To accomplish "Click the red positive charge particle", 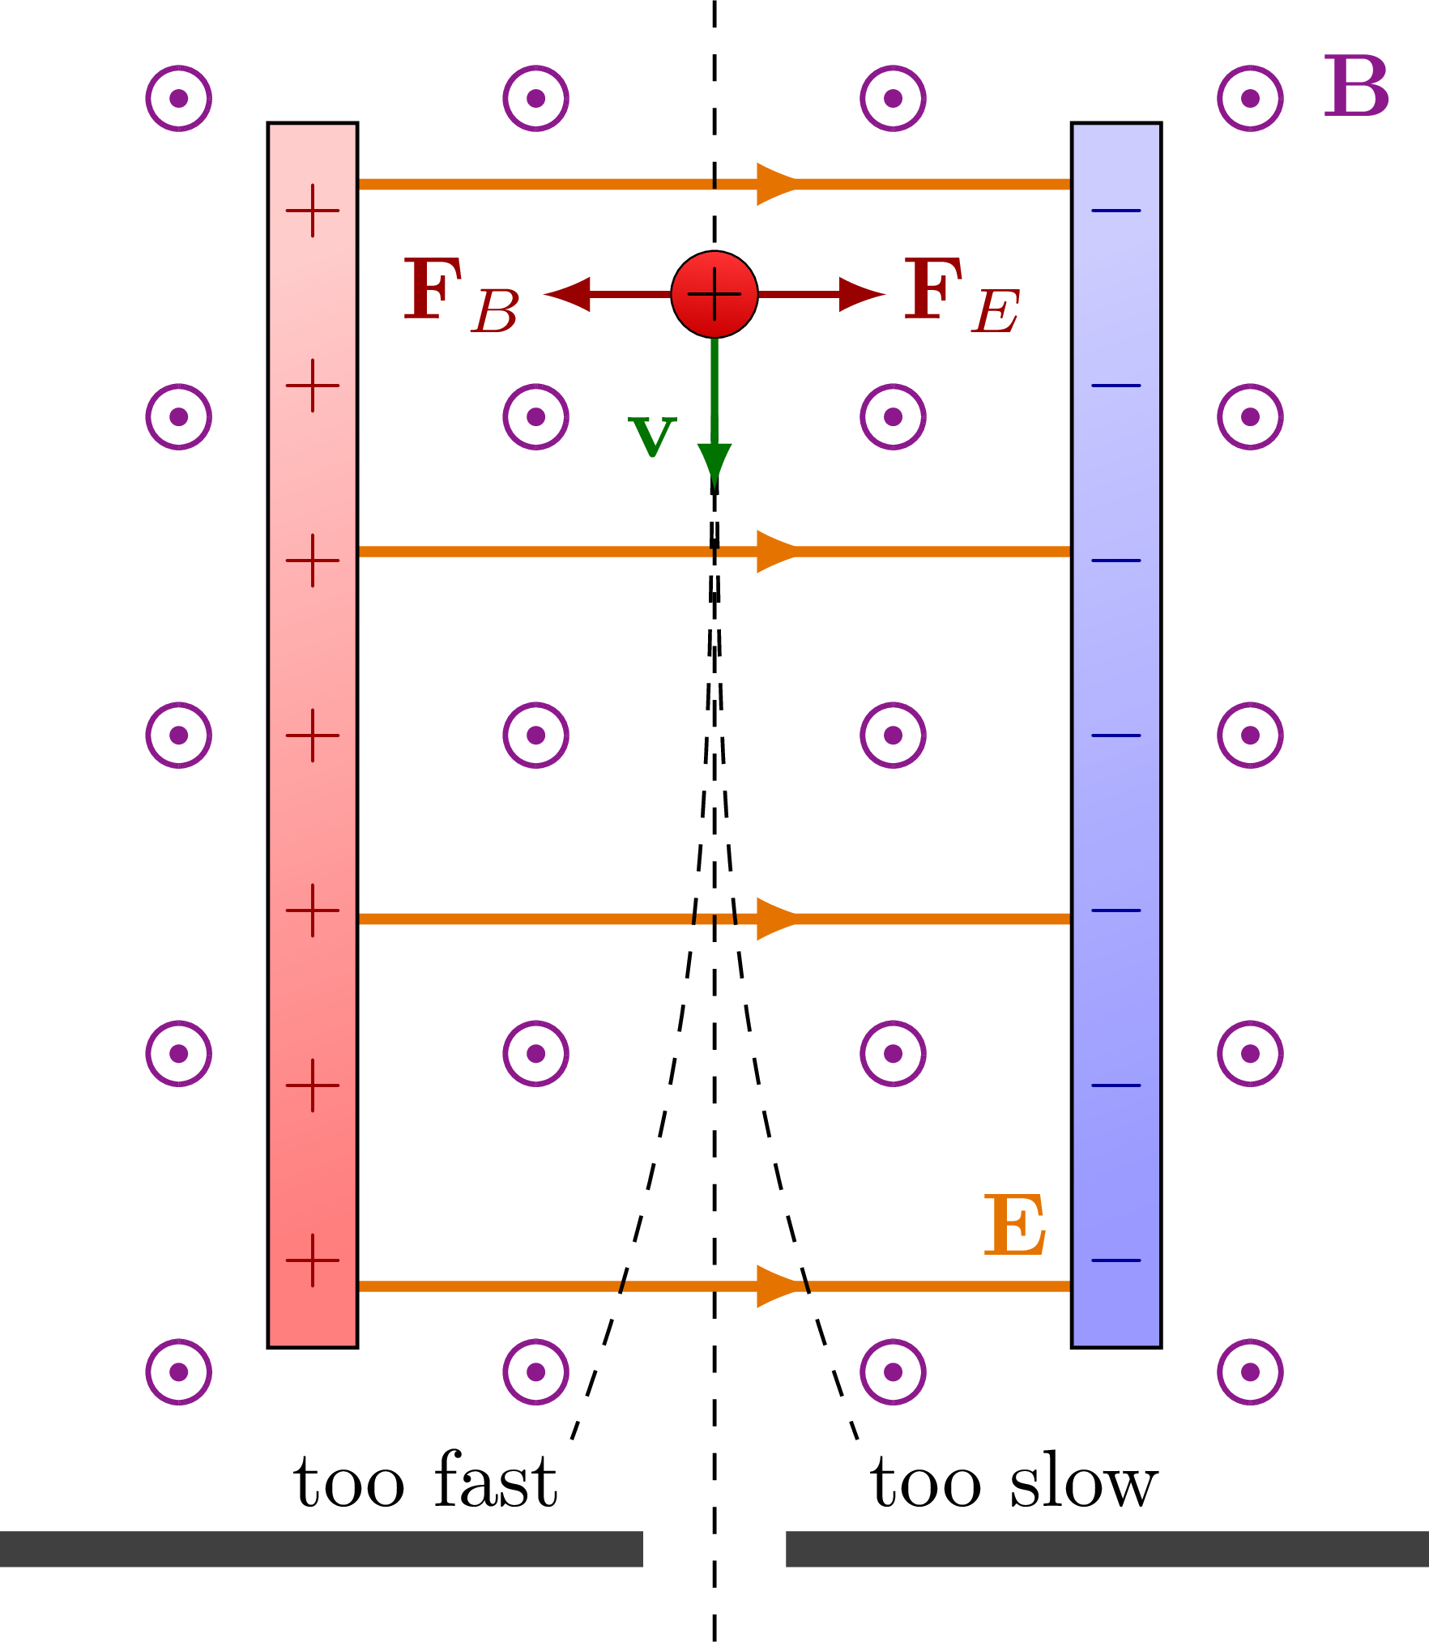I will tap(714, 294).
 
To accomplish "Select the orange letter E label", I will tap(1014, 1226).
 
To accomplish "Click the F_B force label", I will tap(461, 294).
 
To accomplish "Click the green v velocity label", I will tap(652, 437).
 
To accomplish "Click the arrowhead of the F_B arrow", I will tap(568, 294).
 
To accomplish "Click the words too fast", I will tap(425, 1482).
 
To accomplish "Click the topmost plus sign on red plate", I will tap(313, 211).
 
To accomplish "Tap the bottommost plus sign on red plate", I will tap(313, 1260).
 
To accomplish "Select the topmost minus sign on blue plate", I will tap(1115, 211).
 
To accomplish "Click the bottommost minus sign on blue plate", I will tap(1115, 1260).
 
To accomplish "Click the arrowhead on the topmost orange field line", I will tap(776, 184).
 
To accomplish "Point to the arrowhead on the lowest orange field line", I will tap(776, 1286).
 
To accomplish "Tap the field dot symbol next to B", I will tap(1250, 98).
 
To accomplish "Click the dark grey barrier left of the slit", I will tap(321, 1549).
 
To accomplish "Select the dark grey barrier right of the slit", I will tap(1107, 1549).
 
